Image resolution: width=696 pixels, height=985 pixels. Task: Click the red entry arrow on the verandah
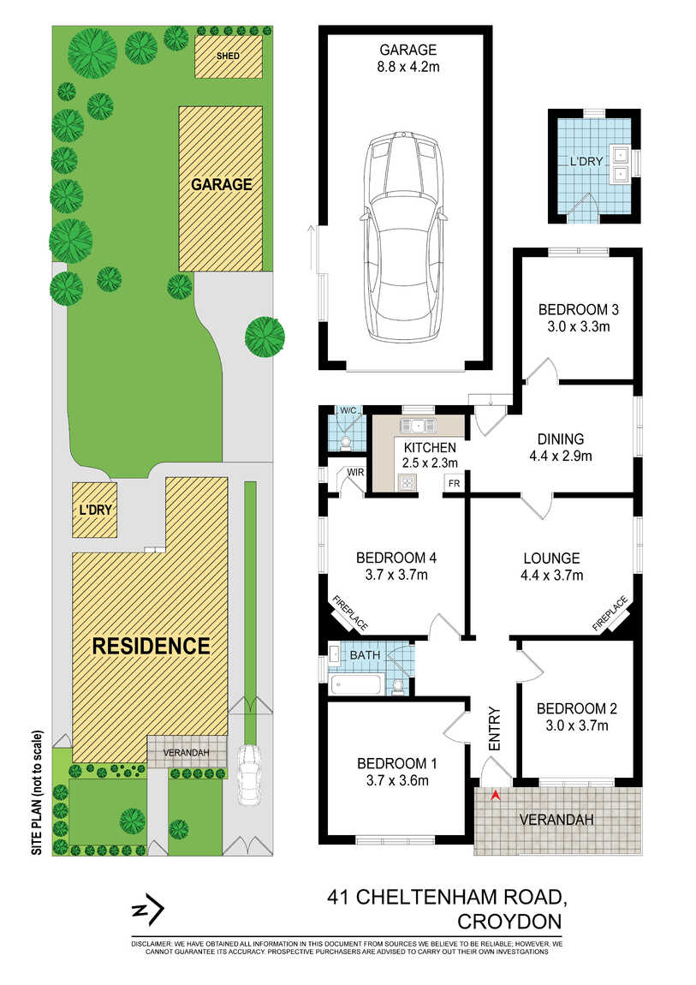(495, 796)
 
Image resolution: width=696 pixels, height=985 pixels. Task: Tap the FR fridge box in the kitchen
(454, 484)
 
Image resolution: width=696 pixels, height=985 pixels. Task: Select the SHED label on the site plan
(228, 56)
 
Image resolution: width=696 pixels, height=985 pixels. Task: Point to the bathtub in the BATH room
(356, 684)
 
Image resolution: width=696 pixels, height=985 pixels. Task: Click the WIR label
(355, 473)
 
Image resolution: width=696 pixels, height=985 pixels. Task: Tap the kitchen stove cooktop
(407, 482)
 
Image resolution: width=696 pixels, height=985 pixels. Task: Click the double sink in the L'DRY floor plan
(622, 164)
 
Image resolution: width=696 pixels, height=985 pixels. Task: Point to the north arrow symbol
(148, 910)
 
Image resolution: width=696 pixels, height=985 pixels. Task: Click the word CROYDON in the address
(509, 922)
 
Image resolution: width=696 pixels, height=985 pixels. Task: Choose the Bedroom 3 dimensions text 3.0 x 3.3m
(578, 326)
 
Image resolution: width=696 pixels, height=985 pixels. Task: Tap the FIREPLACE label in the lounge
(610, 614)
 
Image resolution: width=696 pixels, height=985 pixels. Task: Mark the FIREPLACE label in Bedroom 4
(350, 613)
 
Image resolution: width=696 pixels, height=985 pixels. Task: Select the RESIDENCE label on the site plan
(152, 646)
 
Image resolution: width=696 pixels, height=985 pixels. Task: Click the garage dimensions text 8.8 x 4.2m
(408, 67)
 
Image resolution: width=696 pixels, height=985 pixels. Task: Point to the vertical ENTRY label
(495, 729)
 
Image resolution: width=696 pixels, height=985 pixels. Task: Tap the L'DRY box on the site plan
(95, 510)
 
